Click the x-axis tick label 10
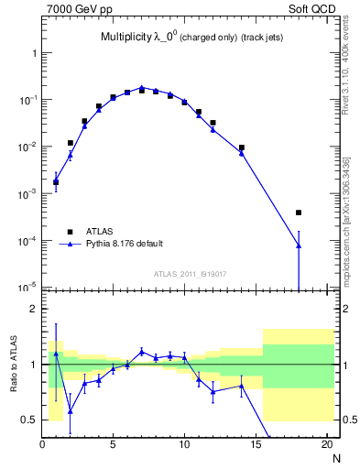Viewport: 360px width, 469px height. pyautogui.click(x=184, y=445)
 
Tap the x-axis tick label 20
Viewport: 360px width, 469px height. pyautogui.click(x=326, y=445)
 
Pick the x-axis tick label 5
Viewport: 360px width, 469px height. pyautogui.click(x=114, y=445)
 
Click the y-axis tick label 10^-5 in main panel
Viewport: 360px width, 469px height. pyautogui.click(x=30, y=289)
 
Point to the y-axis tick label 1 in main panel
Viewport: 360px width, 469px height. pyautogui.click(x=35, y=53)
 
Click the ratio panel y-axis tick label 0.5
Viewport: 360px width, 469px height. pyautogui.click(x=31, y=420)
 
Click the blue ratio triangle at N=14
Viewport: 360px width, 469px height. pyautogui.click(x=242, y=386)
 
